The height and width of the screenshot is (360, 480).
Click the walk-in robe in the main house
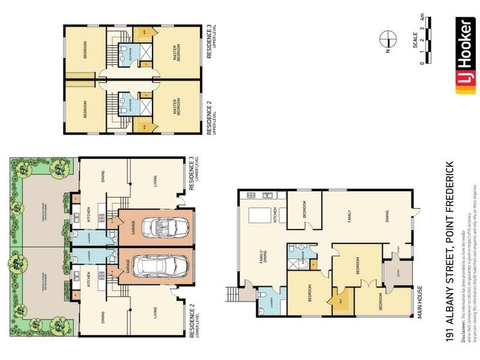340,298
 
